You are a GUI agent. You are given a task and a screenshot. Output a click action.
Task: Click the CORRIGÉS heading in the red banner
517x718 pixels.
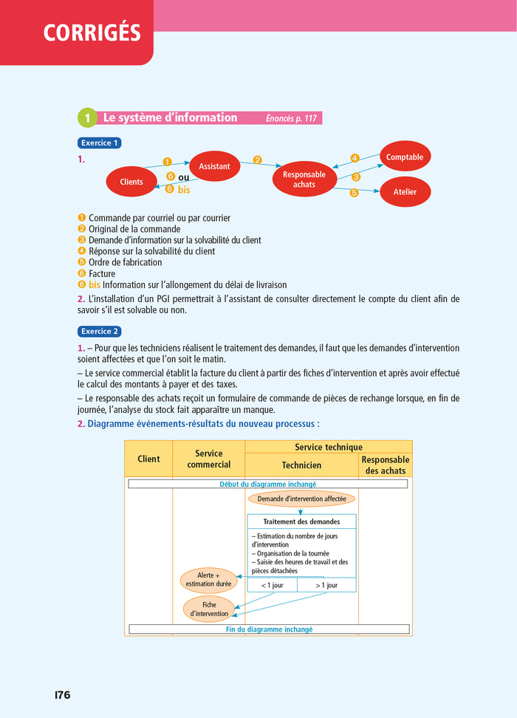point(92,33)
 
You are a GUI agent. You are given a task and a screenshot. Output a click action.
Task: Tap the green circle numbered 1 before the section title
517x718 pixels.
point(86,118)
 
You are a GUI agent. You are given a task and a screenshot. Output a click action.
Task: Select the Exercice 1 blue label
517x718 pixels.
point(99,143)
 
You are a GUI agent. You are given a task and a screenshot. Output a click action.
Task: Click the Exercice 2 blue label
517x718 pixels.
point(99,332)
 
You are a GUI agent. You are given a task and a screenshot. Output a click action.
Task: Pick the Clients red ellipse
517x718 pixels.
point(131,182)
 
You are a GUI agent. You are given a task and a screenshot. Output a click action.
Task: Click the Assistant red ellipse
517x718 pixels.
point(214,166)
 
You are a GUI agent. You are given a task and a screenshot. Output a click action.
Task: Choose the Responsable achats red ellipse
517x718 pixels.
point(304,179)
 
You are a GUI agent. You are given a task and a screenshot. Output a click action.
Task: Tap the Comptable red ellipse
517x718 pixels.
point(405,157)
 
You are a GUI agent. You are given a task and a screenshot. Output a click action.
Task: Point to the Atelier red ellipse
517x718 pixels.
point(405,192)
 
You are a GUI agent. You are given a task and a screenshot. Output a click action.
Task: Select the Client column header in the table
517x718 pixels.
point(148,459)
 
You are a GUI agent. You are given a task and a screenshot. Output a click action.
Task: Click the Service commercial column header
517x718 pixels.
point(209,459)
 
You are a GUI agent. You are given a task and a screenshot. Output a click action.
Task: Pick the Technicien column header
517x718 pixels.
point(301,465)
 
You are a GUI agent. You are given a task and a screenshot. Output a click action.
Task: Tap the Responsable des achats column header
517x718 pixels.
point(386,465)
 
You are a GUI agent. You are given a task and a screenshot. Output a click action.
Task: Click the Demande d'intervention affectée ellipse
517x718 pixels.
point(301,499)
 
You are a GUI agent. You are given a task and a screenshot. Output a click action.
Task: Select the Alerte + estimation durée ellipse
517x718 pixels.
point(208,579)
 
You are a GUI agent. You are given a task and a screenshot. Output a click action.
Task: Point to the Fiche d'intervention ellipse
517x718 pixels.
point(209,609)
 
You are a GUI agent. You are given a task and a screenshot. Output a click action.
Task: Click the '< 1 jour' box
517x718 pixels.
point(272,585)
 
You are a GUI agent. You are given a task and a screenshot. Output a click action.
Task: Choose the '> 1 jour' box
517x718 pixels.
point(326,585)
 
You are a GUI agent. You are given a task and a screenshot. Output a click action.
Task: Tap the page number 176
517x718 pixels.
point(63,695)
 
